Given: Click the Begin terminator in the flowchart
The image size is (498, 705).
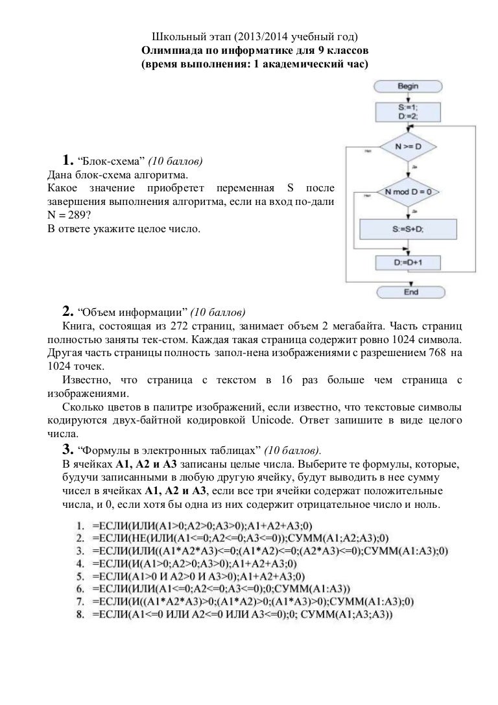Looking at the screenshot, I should (408, 86).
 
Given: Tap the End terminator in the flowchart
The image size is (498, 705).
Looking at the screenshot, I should (410, 293).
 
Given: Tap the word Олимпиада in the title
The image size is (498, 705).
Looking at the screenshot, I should (171, 50).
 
